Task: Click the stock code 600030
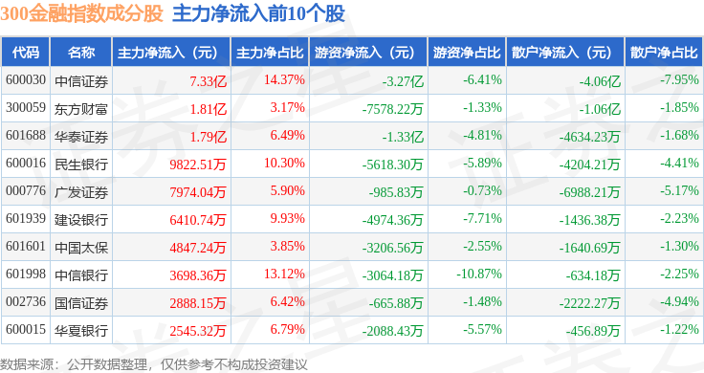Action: [x=26, y=80]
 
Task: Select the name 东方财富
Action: [x=81, y=109]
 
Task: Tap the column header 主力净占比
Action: [x=270, y=53]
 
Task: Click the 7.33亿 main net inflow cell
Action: [x=208, y=81]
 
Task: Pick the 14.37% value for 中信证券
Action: [x=284, y=80]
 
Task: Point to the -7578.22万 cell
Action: [x=392, y=109]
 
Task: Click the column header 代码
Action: [x=26, y=53]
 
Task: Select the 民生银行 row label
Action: [x=81, y=165]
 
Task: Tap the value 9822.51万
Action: [x=198, y=165]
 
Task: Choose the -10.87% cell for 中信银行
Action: [x=479, y=274]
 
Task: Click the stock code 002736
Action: [x=26, y=301]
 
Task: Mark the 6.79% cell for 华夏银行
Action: [x=287, y=329]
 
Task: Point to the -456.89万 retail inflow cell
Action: [x=593, y=331]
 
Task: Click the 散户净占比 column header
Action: [x=664, y=53]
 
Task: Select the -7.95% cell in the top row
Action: [x=679, y=80]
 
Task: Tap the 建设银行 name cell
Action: [x=81, y=220]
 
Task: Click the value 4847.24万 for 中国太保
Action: [x=198, y=248]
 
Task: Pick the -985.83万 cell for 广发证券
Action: [x=396, y=192]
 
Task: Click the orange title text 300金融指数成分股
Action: [x=81, y=13]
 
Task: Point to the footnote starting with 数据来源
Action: [x=154, y=364]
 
